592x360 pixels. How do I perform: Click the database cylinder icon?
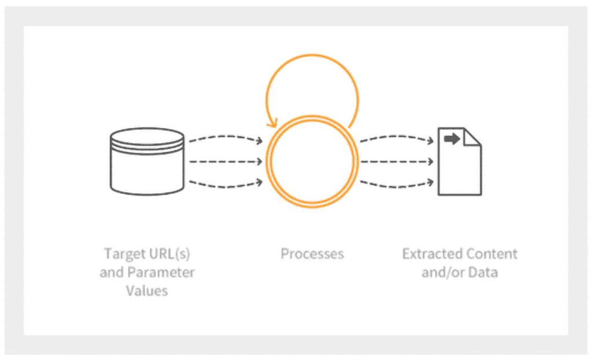147,161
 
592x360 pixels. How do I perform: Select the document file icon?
460,162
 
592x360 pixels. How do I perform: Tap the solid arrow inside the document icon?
452,139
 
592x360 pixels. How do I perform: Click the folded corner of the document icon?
472,137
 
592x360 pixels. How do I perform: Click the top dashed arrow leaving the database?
226,138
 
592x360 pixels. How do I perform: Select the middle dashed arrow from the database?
226,162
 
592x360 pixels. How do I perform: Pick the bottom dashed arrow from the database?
226,185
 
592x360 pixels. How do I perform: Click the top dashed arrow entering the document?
397,138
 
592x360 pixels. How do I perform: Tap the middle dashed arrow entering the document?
397,162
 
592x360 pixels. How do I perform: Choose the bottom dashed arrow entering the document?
397,185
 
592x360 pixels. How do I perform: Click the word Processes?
312,254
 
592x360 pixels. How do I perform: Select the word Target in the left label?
123,254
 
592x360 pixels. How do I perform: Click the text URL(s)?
168,254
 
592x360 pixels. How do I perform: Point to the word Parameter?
161,272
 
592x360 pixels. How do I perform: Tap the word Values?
147,291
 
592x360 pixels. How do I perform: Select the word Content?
489,254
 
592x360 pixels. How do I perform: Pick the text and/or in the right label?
443,272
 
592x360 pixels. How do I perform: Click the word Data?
483,272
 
